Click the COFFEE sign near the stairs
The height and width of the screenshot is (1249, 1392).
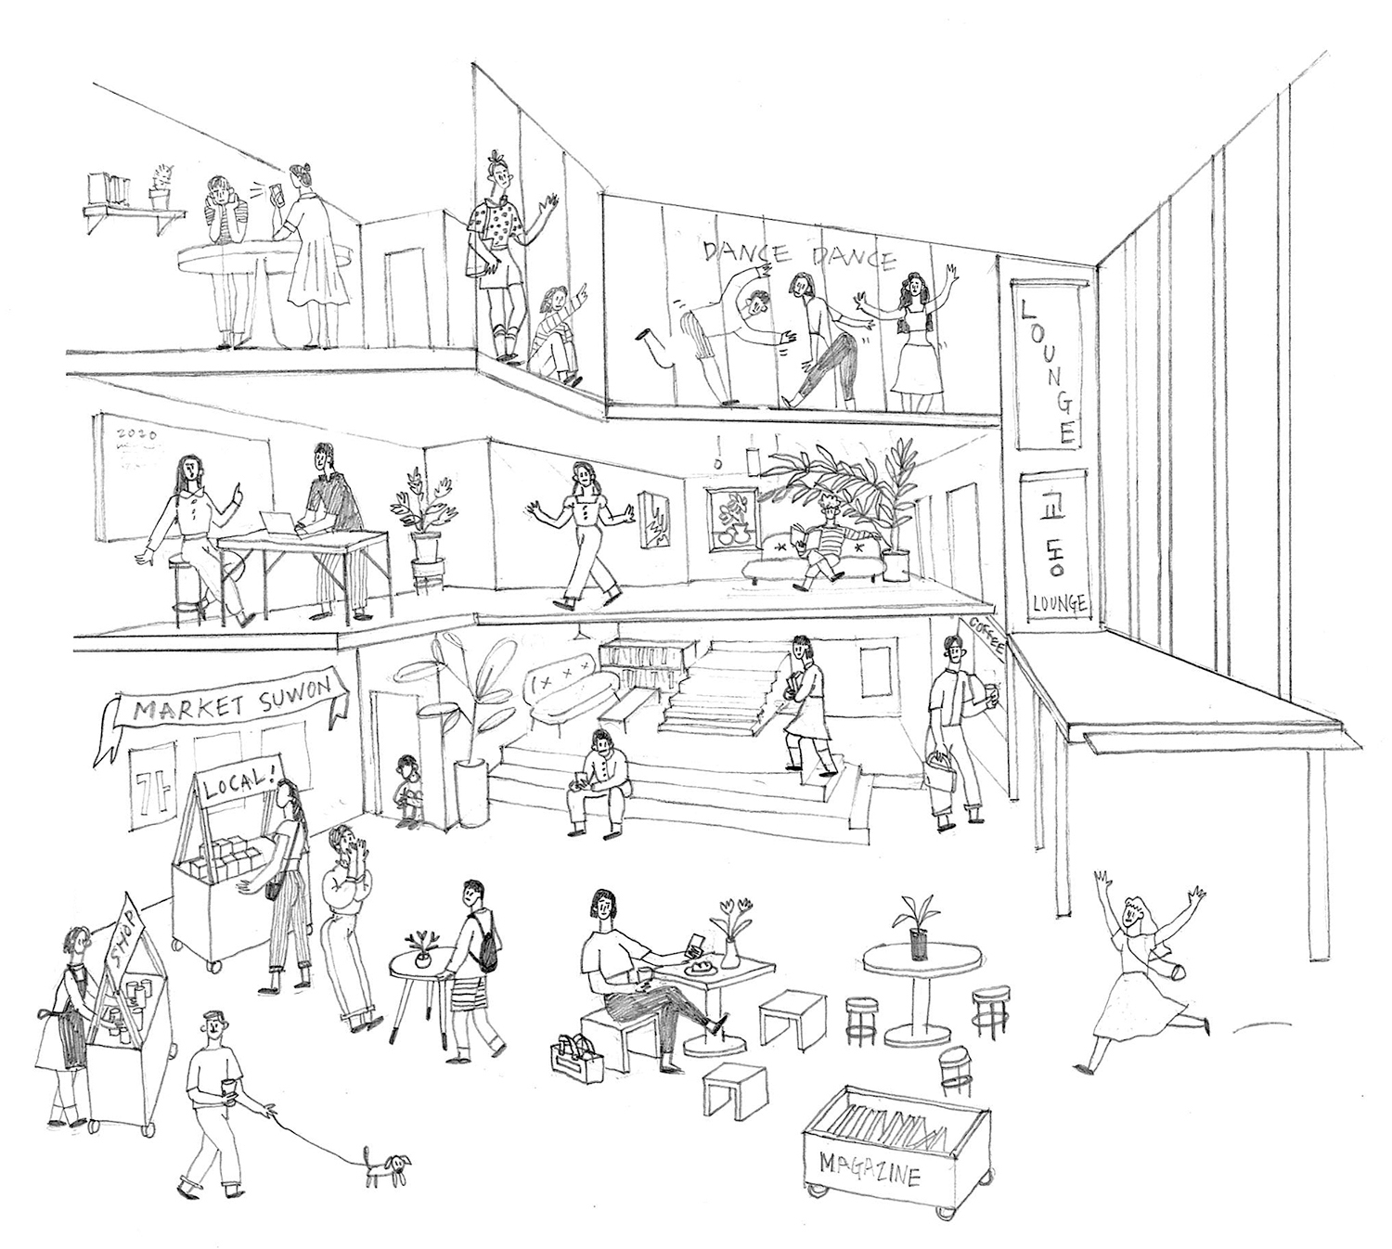[x=988, y=639]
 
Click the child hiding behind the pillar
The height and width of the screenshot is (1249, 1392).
[x=406, y=789]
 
